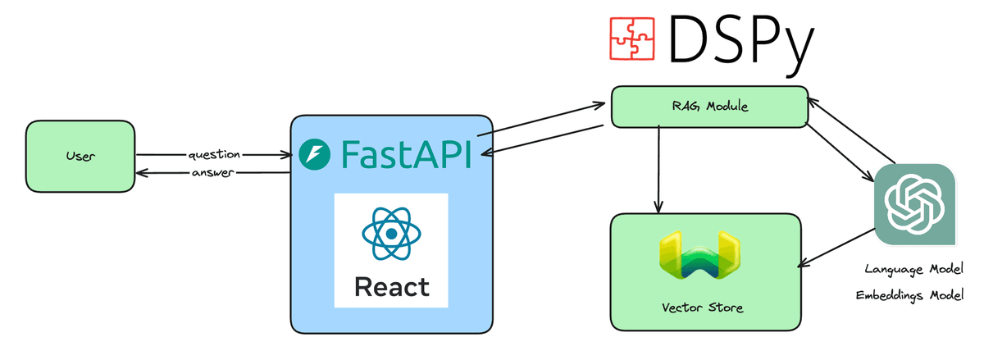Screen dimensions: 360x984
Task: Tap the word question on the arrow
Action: tap(214, 154)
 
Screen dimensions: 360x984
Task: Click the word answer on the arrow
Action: tap(214, 173)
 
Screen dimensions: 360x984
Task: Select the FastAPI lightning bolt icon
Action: tap(314, 154)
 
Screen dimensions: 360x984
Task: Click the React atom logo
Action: tap(391, 234)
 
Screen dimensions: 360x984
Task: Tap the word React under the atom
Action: tap(391, 287)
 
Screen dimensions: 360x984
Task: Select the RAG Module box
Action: tap(709, 107)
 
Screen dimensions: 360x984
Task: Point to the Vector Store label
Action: tap(703, 308)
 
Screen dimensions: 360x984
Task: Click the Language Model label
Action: tap(913, 269)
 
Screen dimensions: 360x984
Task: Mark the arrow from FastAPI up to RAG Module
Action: tap(541, 120)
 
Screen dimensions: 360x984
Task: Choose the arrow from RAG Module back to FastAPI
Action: tap(545, 139)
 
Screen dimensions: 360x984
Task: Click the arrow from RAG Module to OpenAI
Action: tap(841, 153)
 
